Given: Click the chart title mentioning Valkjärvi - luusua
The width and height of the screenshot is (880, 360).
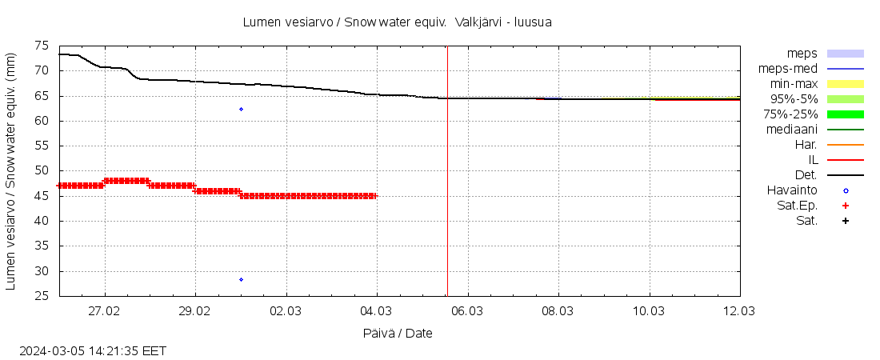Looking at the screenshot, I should point(397,22).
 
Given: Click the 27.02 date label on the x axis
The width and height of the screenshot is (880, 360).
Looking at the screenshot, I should point(104,310).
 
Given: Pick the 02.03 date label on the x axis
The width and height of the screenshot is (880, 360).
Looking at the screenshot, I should point(286,310).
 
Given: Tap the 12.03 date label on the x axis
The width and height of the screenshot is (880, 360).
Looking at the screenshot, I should point(738,310).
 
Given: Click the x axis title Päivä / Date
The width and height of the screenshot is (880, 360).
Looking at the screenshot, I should point(398,333).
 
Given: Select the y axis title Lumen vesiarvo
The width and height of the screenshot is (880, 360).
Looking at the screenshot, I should point(12,171).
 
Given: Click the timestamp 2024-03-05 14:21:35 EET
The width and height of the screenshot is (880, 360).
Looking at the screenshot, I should point(93,350).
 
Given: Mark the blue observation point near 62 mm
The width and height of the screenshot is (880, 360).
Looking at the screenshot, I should point(241,109).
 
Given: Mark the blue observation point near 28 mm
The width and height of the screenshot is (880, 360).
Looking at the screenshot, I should point(241,279).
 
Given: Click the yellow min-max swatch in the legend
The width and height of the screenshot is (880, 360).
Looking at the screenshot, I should point(845,84).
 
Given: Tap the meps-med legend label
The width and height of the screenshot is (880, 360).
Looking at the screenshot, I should point(788,69).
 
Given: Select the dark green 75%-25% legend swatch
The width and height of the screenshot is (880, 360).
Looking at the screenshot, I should point(845,114).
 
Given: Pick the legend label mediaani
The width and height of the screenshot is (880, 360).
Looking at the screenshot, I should point(791,130).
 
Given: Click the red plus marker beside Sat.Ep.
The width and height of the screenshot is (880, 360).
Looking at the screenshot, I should point(845,206).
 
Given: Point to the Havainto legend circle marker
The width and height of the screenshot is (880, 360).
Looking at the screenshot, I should point(845,190).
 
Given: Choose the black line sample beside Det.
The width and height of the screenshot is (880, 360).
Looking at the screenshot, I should point(845,175).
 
